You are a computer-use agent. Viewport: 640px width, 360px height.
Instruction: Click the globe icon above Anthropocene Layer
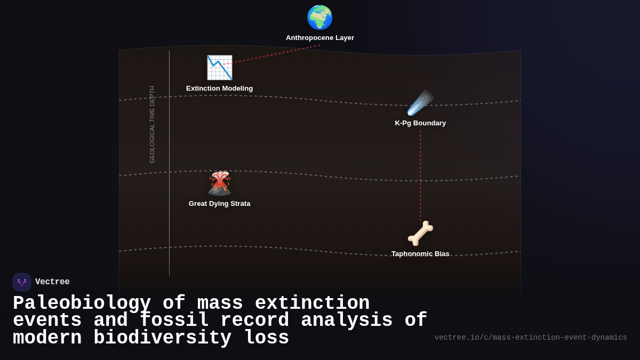point(320,18)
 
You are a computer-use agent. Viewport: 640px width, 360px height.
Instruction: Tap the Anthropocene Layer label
point(320,38)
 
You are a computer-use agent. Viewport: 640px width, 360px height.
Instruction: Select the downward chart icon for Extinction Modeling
point(219,68)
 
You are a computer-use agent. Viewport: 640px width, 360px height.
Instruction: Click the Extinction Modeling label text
point(219,89)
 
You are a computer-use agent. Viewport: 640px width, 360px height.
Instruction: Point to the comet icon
point(420,103)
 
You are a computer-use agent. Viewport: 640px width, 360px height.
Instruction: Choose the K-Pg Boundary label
point(420,123)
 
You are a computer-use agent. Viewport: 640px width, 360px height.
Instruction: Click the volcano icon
point(219,183)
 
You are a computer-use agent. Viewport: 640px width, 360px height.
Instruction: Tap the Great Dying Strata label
point(219,204)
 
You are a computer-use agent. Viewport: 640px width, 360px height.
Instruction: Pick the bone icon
point(420,234)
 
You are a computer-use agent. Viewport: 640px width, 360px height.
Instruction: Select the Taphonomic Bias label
point(420,254)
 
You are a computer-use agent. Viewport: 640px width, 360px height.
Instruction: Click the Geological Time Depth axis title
point(152,124)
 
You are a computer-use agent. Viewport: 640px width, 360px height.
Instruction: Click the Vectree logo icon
point(22,282)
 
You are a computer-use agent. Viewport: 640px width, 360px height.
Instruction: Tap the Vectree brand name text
point(52,282)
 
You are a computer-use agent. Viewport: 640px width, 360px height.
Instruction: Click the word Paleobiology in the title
point(82,303)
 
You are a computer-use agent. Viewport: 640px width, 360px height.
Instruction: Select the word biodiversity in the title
point(162,338)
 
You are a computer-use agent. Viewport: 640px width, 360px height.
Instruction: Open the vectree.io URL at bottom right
point(531,338)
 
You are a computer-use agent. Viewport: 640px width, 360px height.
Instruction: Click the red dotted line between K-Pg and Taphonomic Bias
point(420,176)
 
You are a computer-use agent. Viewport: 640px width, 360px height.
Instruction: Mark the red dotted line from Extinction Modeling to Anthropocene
point(272,55)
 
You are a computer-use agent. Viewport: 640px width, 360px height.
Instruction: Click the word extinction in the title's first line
point(312,303)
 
